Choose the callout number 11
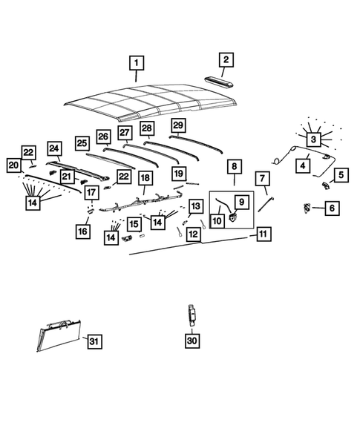click(x=262, y=234)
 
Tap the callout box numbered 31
click(x=94, y=341)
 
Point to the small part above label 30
click(x=191, y=314)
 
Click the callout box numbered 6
click(x=331, y=209)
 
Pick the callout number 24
click(x=53, y=148)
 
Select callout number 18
click(x=145, y=178)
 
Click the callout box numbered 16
click(x=82, y=232)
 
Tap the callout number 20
click(x=13, y=165)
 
